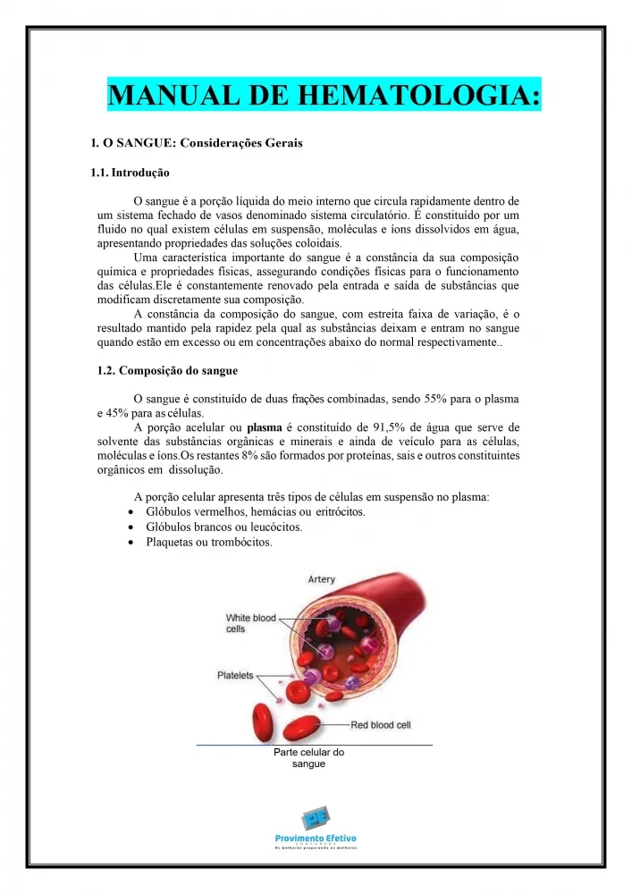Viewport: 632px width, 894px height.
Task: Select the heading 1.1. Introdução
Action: tap(130, 173)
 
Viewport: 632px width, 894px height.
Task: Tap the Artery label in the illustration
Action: tap(321, 580)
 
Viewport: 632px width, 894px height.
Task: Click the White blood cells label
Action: tap(250, 623)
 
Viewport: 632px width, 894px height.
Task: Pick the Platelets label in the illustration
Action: tap(236, 676)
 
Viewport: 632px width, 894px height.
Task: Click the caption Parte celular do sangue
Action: tap(308, 758)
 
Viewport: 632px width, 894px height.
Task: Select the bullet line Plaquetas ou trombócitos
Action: tap(209, 543)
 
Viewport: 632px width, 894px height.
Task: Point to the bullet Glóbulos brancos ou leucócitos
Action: tap(223, 527)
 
